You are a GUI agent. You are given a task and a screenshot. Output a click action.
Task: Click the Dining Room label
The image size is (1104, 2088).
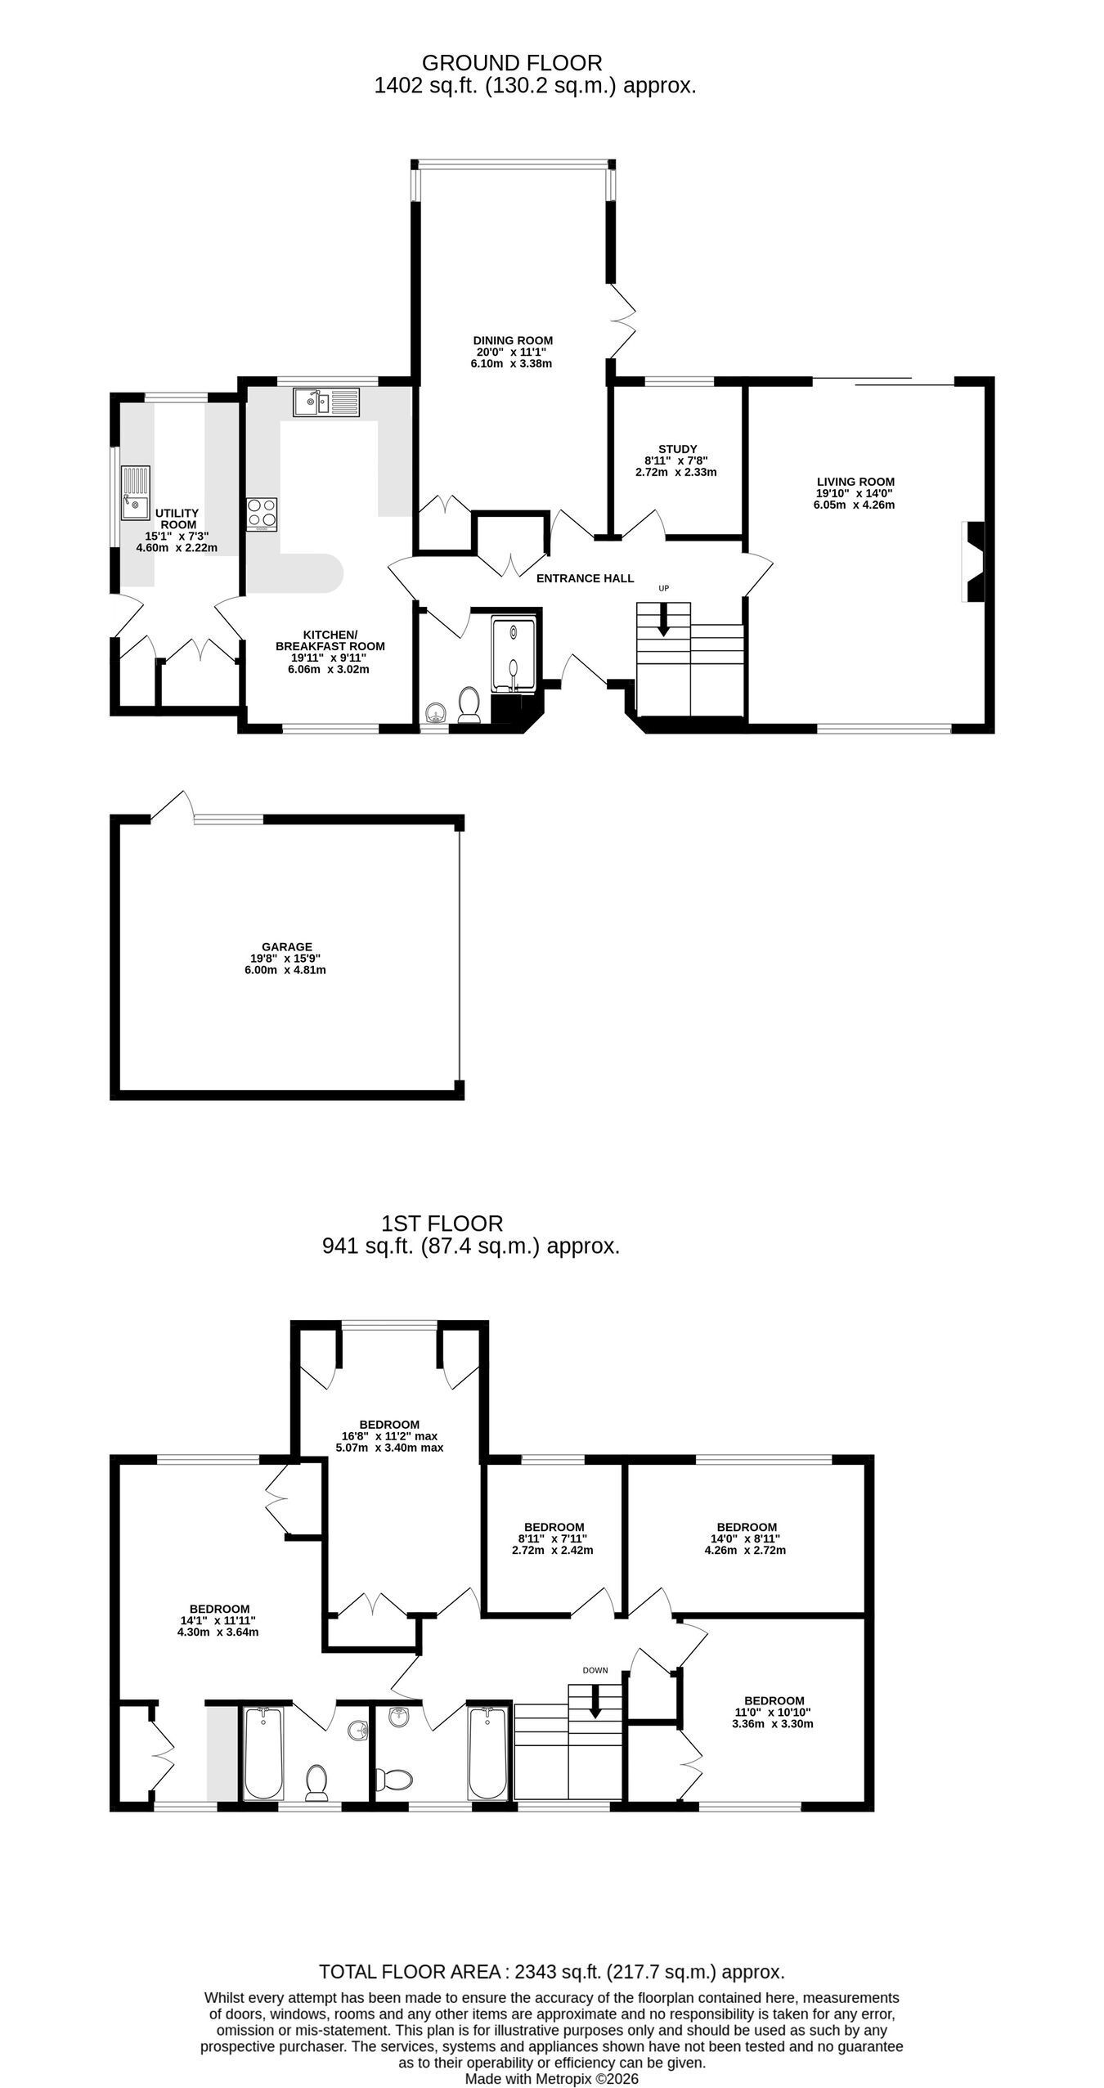(513, 340)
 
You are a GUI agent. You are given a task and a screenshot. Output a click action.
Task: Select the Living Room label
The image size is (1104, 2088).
(855, 482)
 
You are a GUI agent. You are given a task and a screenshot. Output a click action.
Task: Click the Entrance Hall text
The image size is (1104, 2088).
(585, 578)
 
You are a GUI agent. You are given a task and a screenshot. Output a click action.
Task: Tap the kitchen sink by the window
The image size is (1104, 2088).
(326, 402)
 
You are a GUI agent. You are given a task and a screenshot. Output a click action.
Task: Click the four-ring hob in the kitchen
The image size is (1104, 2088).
(262, 514)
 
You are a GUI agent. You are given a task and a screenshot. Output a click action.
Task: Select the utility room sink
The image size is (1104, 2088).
(136, 493)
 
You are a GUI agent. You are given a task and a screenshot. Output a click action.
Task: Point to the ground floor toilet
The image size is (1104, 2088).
(469, 706)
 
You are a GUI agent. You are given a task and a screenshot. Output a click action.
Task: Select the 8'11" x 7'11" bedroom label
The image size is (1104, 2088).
(554, 1527)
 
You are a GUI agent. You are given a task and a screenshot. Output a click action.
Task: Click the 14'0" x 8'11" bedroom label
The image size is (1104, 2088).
(746, 1527)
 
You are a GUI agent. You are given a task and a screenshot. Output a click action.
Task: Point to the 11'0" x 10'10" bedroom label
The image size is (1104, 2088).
(773, 1700)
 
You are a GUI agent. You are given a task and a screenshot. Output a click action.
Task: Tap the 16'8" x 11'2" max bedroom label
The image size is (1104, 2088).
(388, 1424)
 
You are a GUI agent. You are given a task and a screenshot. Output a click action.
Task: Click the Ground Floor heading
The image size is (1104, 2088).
(512, 63)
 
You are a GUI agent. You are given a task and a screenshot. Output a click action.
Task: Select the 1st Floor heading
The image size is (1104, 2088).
(442, 1224)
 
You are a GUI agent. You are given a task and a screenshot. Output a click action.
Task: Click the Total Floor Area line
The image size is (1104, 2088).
(552, 1971)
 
